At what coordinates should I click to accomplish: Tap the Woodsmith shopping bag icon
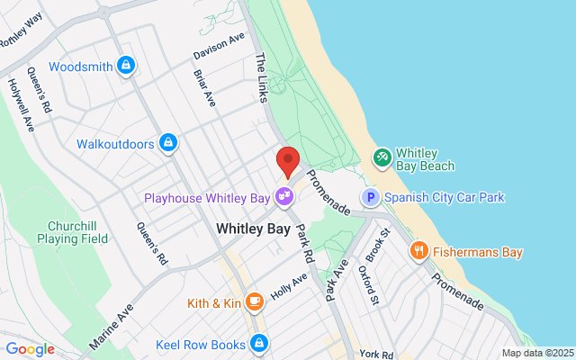[127, 67]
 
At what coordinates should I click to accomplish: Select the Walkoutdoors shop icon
[167, 143]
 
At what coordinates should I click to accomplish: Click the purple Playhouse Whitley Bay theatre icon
[284, 195]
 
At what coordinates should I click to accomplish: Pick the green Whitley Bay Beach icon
[382, 158]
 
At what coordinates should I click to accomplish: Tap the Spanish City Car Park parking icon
[369, 197]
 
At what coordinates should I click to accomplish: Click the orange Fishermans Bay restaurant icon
[418, 252]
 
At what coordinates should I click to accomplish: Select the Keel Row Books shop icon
[260, 343]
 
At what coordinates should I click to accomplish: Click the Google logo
[30, 349]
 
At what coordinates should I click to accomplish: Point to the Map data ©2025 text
[536, 353]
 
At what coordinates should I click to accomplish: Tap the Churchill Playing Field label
[72, 231]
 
